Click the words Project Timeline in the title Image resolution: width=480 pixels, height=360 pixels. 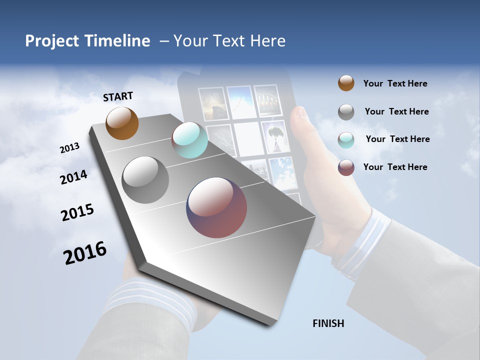(87, 41)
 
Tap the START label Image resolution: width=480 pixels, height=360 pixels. (118, 96)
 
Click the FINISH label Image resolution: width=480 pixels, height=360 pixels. (328, 323)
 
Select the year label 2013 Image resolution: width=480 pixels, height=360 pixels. (69, 148)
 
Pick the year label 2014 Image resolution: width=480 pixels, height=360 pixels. (73, 177)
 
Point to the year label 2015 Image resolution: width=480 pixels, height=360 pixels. (77, 212)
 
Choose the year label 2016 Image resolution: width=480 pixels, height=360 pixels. (85, 252)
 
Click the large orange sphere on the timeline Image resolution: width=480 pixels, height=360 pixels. (122, 123)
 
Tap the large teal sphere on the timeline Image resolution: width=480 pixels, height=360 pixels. (189, 140)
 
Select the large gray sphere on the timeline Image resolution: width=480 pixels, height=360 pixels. (145, 179)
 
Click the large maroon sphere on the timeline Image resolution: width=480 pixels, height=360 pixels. (216, 207)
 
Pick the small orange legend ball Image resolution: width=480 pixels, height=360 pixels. (346, 83)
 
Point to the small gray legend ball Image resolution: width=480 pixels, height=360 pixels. (346, 111)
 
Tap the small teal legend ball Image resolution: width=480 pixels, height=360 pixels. (346, 139)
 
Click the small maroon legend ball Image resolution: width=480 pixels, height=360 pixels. (346, 167)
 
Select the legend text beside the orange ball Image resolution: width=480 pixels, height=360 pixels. (395, 83)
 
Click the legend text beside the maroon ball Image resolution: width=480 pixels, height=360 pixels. (395, 167)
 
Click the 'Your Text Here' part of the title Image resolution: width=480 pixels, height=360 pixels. (229, 41)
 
